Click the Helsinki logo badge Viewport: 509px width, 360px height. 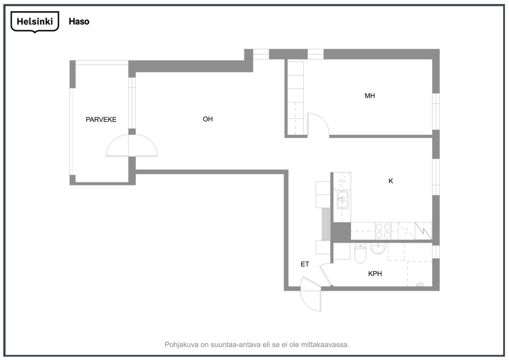coord(35,22)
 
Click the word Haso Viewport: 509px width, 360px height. coord(79,22)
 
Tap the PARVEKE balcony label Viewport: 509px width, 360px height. coord(101,120)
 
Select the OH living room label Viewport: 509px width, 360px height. coord(208,119)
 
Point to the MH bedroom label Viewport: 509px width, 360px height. coord(370,96)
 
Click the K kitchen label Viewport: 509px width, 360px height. coord(391,181)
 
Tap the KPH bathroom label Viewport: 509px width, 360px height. coord(375,274)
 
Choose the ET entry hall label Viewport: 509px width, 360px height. coord(305,265)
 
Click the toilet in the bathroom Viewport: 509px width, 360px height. coord(360,252)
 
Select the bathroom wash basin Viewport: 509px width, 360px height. coord(378,248)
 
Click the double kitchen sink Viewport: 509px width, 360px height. coord(343,199)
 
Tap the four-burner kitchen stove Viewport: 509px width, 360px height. coord(383,231)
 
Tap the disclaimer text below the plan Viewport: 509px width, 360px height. coord(257,344)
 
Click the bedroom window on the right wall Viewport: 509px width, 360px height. coord(436,112)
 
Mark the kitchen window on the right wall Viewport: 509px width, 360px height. coord(436,177)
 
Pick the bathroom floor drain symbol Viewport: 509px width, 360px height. coord(420,284)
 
